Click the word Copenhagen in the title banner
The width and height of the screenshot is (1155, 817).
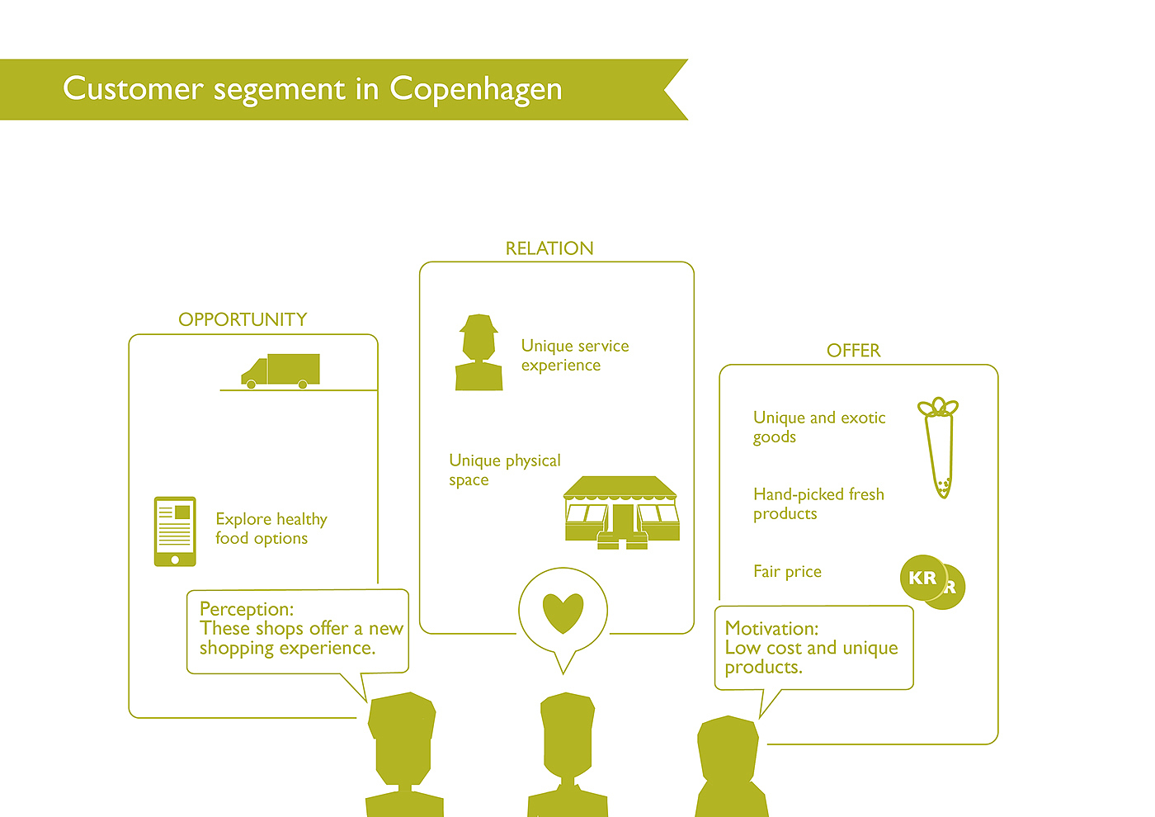coord(476,89)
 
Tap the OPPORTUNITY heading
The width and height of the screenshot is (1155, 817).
coord(243,319)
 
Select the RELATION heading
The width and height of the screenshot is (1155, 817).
coord(549,248)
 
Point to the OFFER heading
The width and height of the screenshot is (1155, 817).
coord(853,351)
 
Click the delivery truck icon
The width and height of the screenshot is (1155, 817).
coord(280,371)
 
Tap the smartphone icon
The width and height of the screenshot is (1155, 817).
coord(175,531)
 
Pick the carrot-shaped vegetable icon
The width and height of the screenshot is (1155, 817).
coord(939,446)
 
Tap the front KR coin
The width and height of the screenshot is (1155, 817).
coord(922,578)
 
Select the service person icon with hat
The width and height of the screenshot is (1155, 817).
coord(478,352)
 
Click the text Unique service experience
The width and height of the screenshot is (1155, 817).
coord(574,356)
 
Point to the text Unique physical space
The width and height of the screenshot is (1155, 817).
coord(504,470)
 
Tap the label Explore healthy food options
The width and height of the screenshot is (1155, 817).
coord(271,528)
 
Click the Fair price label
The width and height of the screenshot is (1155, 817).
coord(787,571)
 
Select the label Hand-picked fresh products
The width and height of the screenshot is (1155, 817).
coord(818,503)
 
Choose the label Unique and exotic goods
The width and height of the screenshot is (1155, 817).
coord(818,427)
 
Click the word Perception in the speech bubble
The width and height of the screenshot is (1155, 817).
coord(246,609)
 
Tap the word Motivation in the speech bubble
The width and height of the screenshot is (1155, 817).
coord(771,628)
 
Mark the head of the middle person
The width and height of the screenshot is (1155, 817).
coord(568,734)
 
